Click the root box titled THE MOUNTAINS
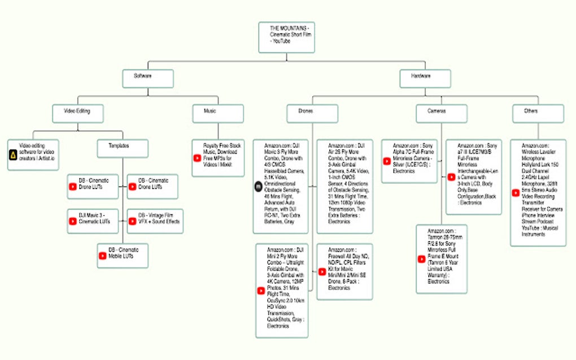(286, 37)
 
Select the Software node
(148, 78)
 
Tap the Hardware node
(425, 78)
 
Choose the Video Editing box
(78, 113)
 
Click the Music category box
(217, 113)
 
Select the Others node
(538, 113)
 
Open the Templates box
(123, 148)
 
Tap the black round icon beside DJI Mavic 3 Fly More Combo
(259, 185)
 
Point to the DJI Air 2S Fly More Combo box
(344, 186)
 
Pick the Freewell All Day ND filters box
(344, 271)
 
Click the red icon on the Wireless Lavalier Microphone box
(516, 192)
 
